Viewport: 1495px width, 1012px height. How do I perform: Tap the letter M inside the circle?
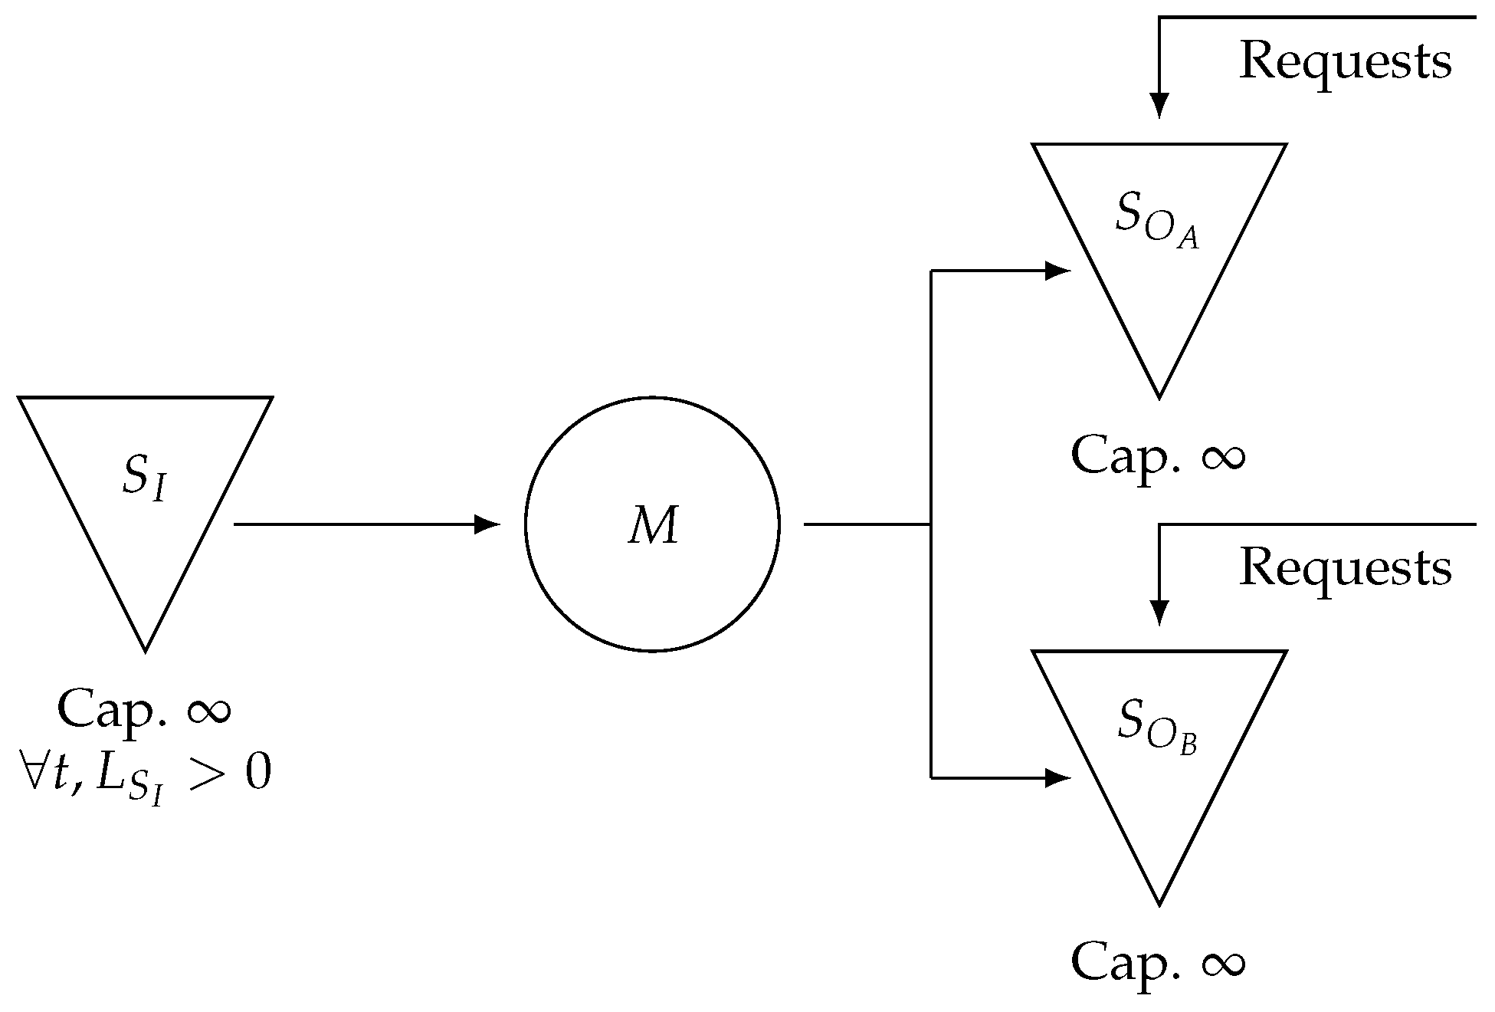click(x=654, y=527)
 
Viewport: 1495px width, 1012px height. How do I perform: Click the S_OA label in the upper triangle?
click(x=1156, y=222)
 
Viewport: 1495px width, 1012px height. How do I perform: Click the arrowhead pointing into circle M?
click(x=487, y=524)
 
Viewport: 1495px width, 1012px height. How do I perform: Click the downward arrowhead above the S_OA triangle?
click(x=1159, y=105)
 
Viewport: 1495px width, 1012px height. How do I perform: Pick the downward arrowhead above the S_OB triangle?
click(x=1159, y=613)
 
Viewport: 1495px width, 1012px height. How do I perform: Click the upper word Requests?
click(x=1345, y=61)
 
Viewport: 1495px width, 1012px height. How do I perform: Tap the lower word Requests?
click(x=1345, y=569)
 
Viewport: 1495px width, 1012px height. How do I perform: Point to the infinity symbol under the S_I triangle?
click(x=208, y=711)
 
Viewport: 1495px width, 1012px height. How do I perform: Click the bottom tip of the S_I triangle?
click(x=146, y=649)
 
